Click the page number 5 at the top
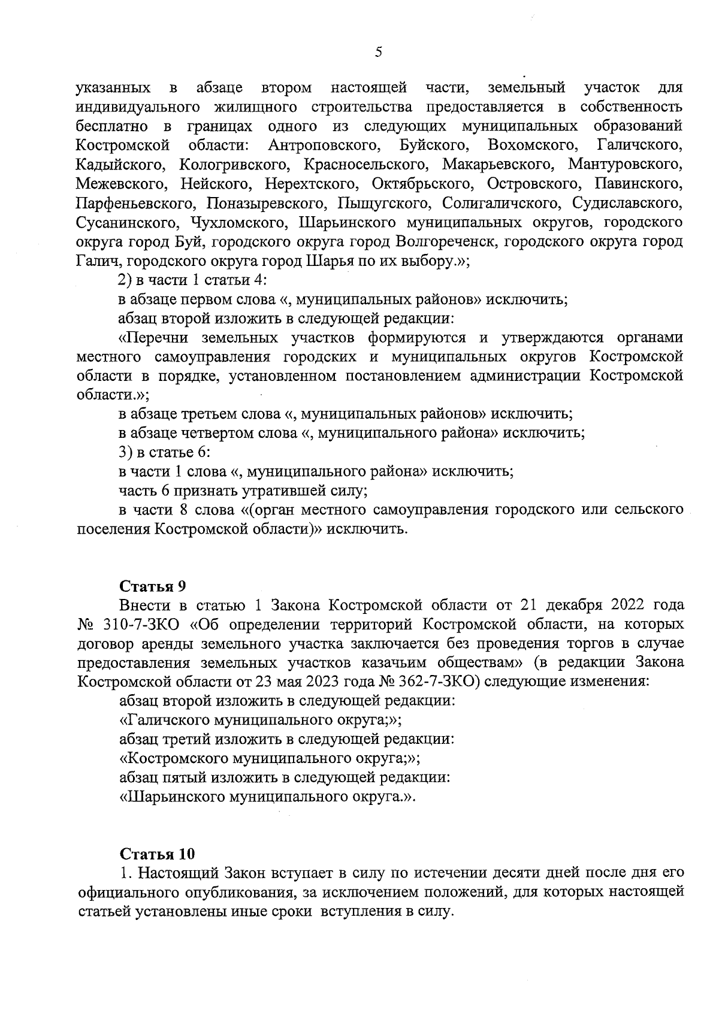377,53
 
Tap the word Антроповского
325,146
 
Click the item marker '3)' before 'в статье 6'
127,452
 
